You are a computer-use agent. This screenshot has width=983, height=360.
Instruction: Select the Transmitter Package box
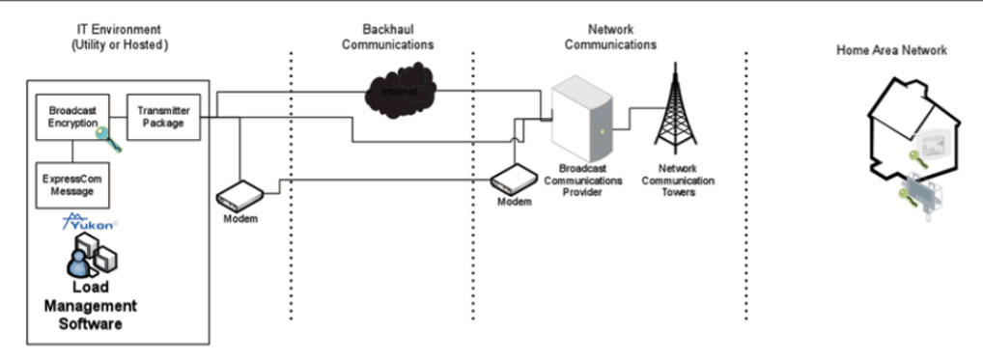pos(161,117)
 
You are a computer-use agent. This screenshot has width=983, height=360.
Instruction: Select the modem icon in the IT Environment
pos(238,197)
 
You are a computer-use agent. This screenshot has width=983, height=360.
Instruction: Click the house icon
pos(913,145)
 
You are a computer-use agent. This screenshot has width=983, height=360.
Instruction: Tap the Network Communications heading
pos(610,37)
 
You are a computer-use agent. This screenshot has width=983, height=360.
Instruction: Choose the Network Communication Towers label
pos(678,180)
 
